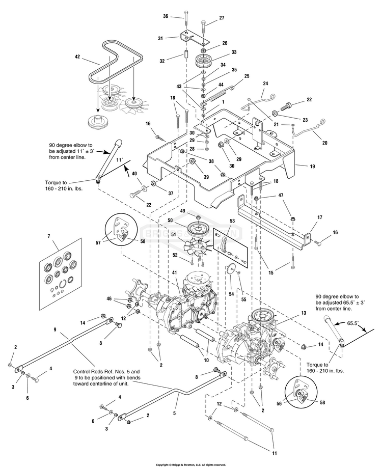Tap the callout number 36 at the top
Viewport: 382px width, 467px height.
point(166,16)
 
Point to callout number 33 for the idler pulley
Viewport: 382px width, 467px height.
point(234,52)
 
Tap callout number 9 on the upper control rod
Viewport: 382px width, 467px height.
point(55,329)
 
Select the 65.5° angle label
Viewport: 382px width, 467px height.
point(353,323)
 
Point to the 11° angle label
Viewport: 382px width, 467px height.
point(120,159)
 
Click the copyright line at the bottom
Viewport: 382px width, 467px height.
point(190,464)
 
